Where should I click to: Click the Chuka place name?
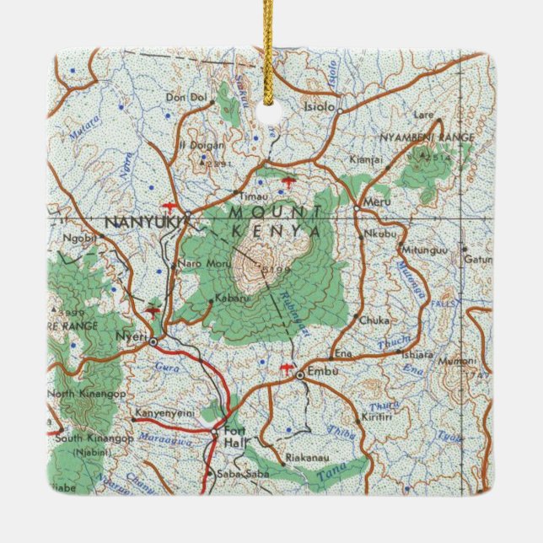374,320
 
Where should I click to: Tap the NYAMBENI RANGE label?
427,137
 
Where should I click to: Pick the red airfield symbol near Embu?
287,368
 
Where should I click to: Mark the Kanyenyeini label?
165,414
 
